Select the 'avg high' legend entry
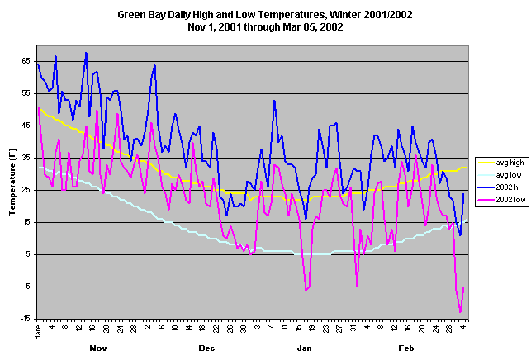501,163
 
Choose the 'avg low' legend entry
501,175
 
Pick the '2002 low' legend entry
502,200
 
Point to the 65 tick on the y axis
26,62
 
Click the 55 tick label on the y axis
26,94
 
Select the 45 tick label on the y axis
26,126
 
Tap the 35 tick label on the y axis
26,158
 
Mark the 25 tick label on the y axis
26,190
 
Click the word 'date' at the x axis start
39,331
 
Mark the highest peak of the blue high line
86,53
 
